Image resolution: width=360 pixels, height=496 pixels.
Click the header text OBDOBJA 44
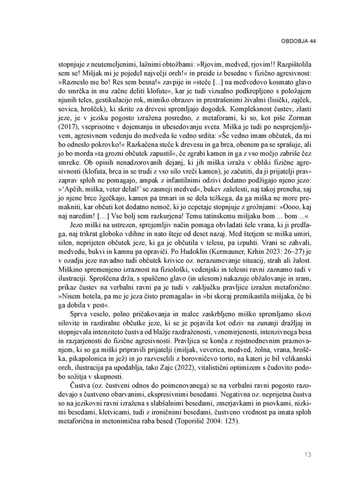pyautogui.click(x=298, y=41)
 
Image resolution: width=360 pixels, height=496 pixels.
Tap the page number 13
pyautogui.click(x=308, y=455)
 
